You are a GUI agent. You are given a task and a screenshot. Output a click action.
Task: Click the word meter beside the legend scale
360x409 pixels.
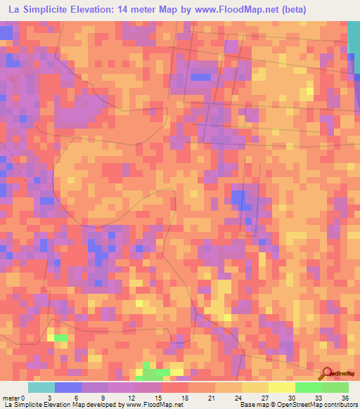point(11,398)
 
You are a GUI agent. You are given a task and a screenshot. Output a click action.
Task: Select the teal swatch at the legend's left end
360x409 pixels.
point(41,387)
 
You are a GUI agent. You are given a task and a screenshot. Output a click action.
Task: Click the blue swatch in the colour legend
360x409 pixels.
point(67,387)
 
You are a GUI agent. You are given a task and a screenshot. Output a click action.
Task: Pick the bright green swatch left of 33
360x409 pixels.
point(309,387)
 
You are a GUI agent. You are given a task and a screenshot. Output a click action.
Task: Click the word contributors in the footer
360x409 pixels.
point(340,405)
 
